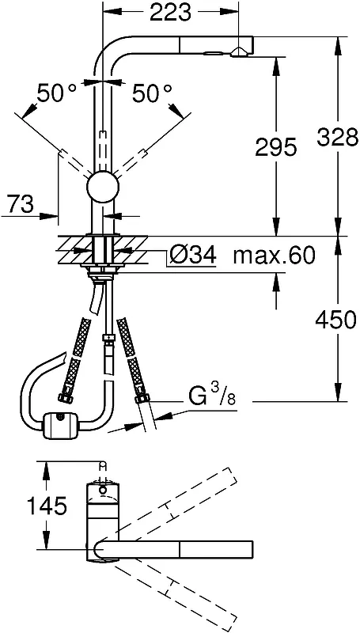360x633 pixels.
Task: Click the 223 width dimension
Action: (170, 13)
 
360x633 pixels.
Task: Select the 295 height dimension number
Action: (276, 148)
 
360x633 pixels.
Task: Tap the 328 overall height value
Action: (338, 137)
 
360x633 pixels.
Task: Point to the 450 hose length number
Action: (336, 320)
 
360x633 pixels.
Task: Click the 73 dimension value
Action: (20, 205)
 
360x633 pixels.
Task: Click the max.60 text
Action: (274, 255)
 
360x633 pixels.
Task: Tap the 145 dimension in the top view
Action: (47, 506)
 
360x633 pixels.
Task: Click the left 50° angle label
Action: (56, 93)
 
